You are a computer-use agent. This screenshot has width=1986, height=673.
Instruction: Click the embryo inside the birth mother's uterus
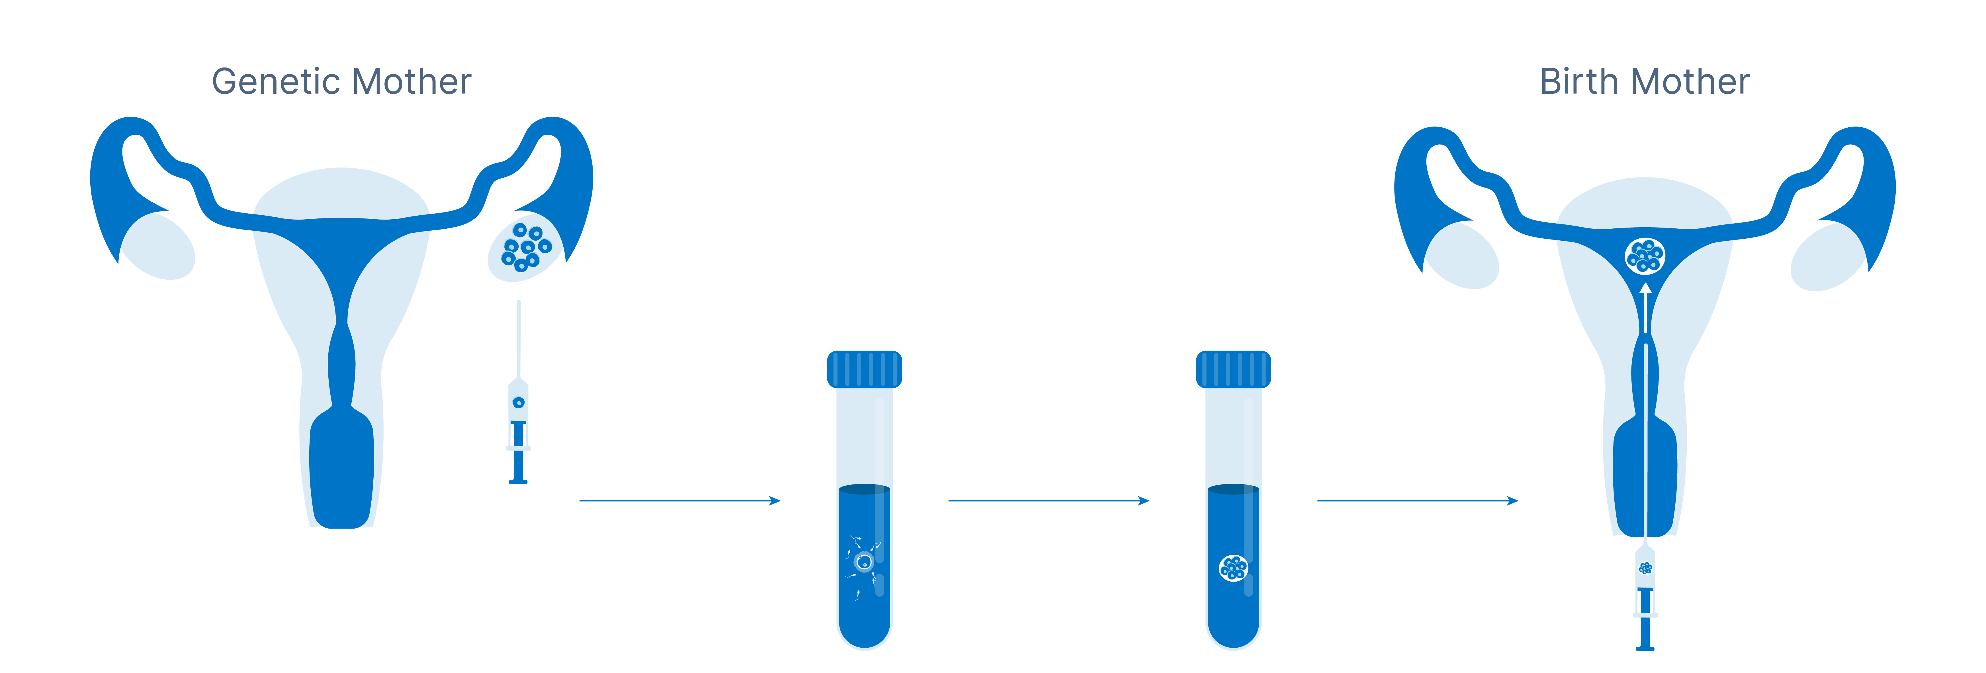click(x=1645, y=256)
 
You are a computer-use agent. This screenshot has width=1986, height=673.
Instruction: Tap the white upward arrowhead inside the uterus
click(x=1645, y=290)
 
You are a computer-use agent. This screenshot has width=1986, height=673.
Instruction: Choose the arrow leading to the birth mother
click(x=1417, y=501)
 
